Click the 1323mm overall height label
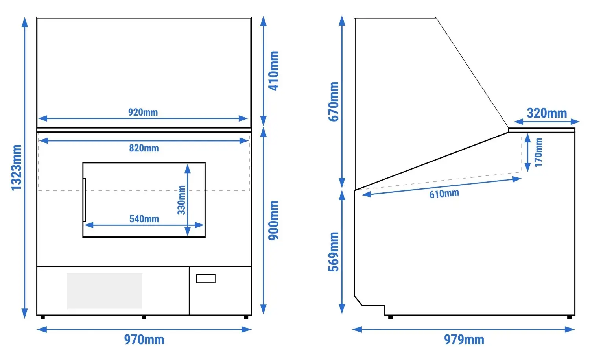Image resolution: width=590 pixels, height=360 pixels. (17, 168)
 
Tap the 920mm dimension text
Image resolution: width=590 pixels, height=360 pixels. (143, 112)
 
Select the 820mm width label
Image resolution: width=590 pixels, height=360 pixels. (144, 148)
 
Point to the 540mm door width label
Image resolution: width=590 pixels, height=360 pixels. (144, 219)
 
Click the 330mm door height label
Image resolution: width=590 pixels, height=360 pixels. (181, 200)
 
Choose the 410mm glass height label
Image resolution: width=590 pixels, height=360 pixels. (274, 71)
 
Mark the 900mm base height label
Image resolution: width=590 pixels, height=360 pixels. (274, 221)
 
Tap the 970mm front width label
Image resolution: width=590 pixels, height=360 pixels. (144, 340)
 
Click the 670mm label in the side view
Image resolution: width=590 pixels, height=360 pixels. (334, 102)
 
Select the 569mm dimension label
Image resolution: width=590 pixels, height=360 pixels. (334, 252)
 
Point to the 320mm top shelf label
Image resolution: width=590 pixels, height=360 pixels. (547, 113)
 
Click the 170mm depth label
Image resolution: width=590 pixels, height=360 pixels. (538, 152)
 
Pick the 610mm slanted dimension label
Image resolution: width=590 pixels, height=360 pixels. (444, 194)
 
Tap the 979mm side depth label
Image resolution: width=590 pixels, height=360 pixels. (464, 340)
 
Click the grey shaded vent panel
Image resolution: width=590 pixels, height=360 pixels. (105, 291)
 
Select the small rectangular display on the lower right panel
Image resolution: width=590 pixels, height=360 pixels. (206, 279)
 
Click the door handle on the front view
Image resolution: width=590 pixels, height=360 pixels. (84, 200)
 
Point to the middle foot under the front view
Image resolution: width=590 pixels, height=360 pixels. (144, 317)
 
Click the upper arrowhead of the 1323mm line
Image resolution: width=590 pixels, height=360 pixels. (25, 22)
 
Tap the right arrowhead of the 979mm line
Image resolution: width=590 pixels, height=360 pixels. (570, 329)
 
